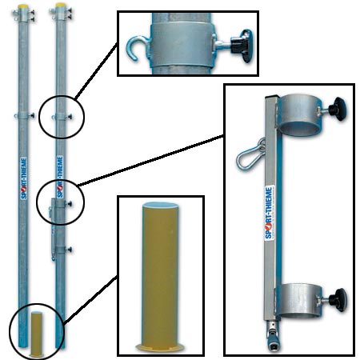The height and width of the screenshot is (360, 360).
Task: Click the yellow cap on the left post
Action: (x=23, y=6)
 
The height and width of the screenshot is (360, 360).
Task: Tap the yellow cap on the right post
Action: (x=61, y=5)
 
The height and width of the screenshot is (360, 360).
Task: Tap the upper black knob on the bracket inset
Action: (x=337, y=109)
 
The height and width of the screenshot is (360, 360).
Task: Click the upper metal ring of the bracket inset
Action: (x=299, y=115)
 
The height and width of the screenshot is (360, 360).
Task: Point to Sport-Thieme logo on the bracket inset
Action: (x=270, y=213)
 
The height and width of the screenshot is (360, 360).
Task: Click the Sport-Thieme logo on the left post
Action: (x=24, y=178)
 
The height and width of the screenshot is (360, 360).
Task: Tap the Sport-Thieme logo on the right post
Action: (x=60, y=177)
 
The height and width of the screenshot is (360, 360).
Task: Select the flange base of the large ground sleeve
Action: (x=160, y=347)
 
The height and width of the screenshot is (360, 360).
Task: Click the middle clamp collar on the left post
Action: (x=23, y=115)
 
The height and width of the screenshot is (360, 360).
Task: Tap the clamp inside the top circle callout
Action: (x=62, y=117)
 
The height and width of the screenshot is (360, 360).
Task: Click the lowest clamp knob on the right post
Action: (x=70, y=250)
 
